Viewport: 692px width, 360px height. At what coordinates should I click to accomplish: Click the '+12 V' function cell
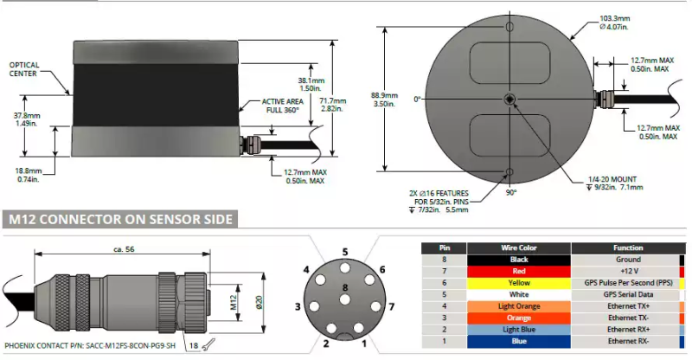pyautogui.click(x=628, y=271)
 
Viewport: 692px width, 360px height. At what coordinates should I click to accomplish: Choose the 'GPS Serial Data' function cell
pyautogui.click(x=628, y=294)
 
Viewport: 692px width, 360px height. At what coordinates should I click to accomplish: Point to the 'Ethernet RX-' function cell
pyautogui.click(x=628, y=341)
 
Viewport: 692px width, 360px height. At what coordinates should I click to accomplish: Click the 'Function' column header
pyautogui.click(x=628, y=247)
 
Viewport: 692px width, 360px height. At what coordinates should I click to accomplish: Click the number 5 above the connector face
pyautogui.click(x=344, y=252)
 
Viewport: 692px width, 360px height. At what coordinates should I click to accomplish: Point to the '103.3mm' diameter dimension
pyautogui.click(x=616, y=17)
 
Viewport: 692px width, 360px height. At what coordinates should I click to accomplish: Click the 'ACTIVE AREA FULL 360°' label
pyautogui.click(x=285, y=106)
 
